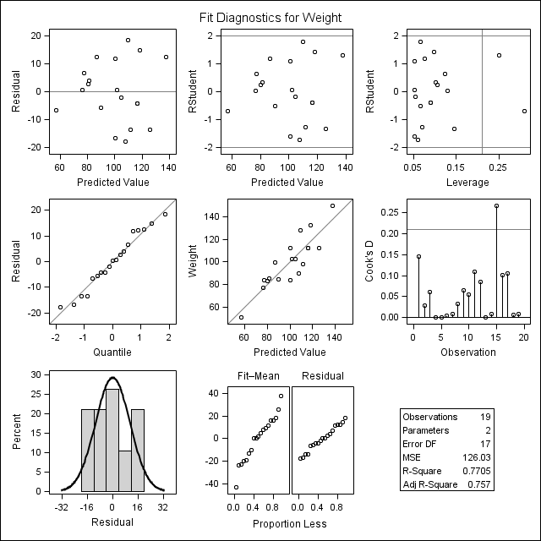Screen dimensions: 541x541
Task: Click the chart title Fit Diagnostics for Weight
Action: point(270,17)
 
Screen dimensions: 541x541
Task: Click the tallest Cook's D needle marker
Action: point(496,205)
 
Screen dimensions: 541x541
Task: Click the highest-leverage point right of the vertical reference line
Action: point(524,111)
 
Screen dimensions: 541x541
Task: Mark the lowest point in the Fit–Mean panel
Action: point(236,487)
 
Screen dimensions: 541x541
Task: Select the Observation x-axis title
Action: point(467,351)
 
